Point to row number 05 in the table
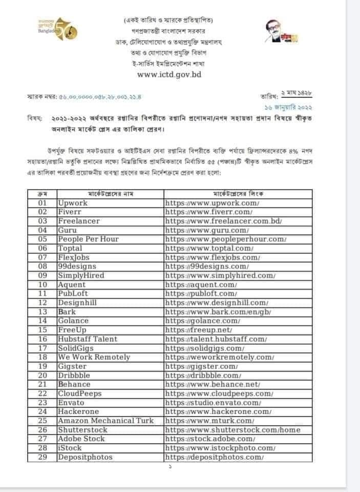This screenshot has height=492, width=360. tap(43, 239)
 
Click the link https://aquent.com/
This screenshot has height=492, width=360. tap(201, 285)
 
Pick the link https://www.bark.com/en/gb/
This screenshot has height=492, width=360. tap(218, 312)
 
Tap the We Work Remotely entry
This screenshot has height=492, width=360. tap(94, 357)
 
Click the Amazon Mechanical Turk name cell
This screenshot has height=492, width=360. tap(109, 421)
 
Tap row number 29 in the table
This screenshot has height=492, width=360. tap(43, 457)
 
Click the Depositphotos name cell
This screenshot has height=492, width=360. tap(85, 457)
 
